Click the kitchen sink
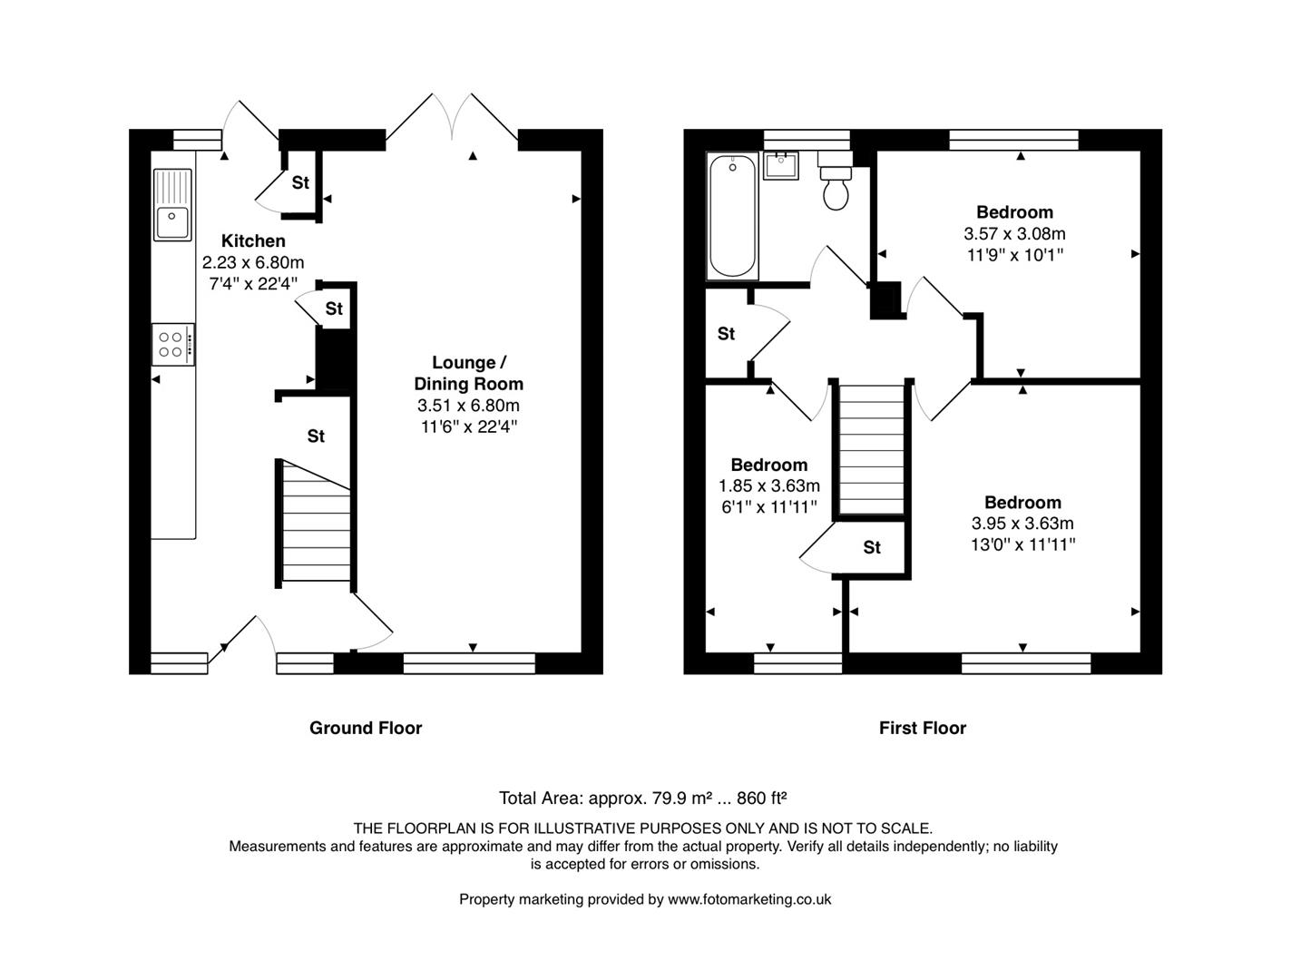[172, 205]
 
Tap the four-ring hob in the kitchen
[173, 345]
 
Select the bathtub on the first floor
[732, 216]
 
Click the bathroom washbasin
[780, 165]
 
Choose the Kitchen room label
[253, 240]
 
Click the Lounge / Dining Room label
[469, 373]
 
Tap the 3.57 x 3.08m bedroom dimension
[1014, 233]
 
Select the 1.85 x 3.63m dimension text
[768, 485]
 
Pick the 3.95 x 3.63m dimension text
[1022, 523]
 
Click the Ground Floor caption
[366, 729]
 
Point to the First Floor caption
[923, 729]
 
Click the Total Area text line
[643, 799]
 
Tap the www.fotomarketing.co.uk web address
[749, 899]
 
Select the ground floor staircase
[317, 521]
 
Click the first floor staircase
[871, 450]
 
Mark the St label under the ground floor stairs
[316, 436]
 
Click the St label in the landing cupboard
[727, 334]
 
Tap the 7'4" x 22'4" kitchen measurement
[253, 283]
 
